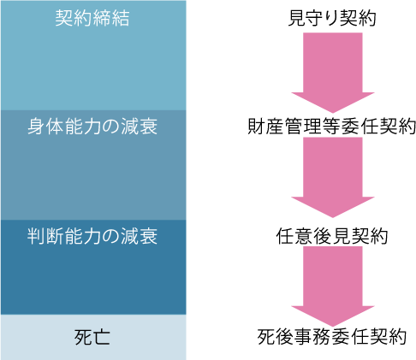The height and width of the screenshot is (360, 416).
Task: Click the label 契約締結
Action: click(x=92, y=18)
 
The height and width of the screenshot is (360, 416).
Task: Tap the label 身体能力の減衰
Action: click(x=92, y=127)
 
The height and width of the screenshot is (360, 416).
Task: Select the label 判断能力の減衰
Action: click(x=92, y=236)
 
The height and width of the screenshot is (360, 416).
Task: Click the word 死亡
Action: click(x=92, y=337)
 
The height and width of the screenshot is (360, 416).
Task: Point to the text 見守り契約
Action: click(x=332, y=18)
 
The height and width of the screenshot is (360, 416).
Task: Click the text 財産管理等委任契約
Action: click(x=331, y=126)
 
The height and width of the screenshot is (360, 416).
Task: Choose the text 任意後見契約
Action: click(x=332, y=236)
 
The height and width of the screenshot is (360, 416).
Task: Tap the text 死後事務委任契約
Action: click(x=332, y=337)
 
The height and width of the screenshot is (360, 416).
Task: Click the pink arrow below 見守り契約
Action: click(x=333, y=73)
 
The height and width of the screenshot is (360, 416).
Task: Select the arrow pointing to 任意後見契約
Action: click(x=333, y=177)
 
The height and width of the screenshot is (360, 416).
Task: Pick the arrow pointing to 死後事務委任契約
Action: click(x=333, y=286)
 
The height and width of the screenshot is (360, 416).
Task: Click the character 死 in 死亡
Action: click(x=83, y=337)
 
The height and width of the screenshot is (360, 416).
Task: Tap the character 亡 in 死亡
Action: click(x=102, y=337)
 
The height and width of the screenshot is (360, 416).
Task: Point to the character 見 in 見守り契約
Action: click(x=297, y=18)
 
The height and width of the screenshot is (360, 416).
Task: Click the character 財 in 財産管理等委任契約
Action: click(x=257, y=126)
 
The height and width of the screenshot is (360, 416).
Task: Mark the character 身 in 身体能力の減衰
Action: click(x=37, y=127)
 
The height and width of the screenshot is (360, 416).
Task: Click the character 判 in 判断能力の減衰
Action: click(x=37, y=236)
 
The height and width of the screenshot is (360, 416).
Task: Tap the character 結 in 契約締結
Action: click(x=121, y=18)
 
